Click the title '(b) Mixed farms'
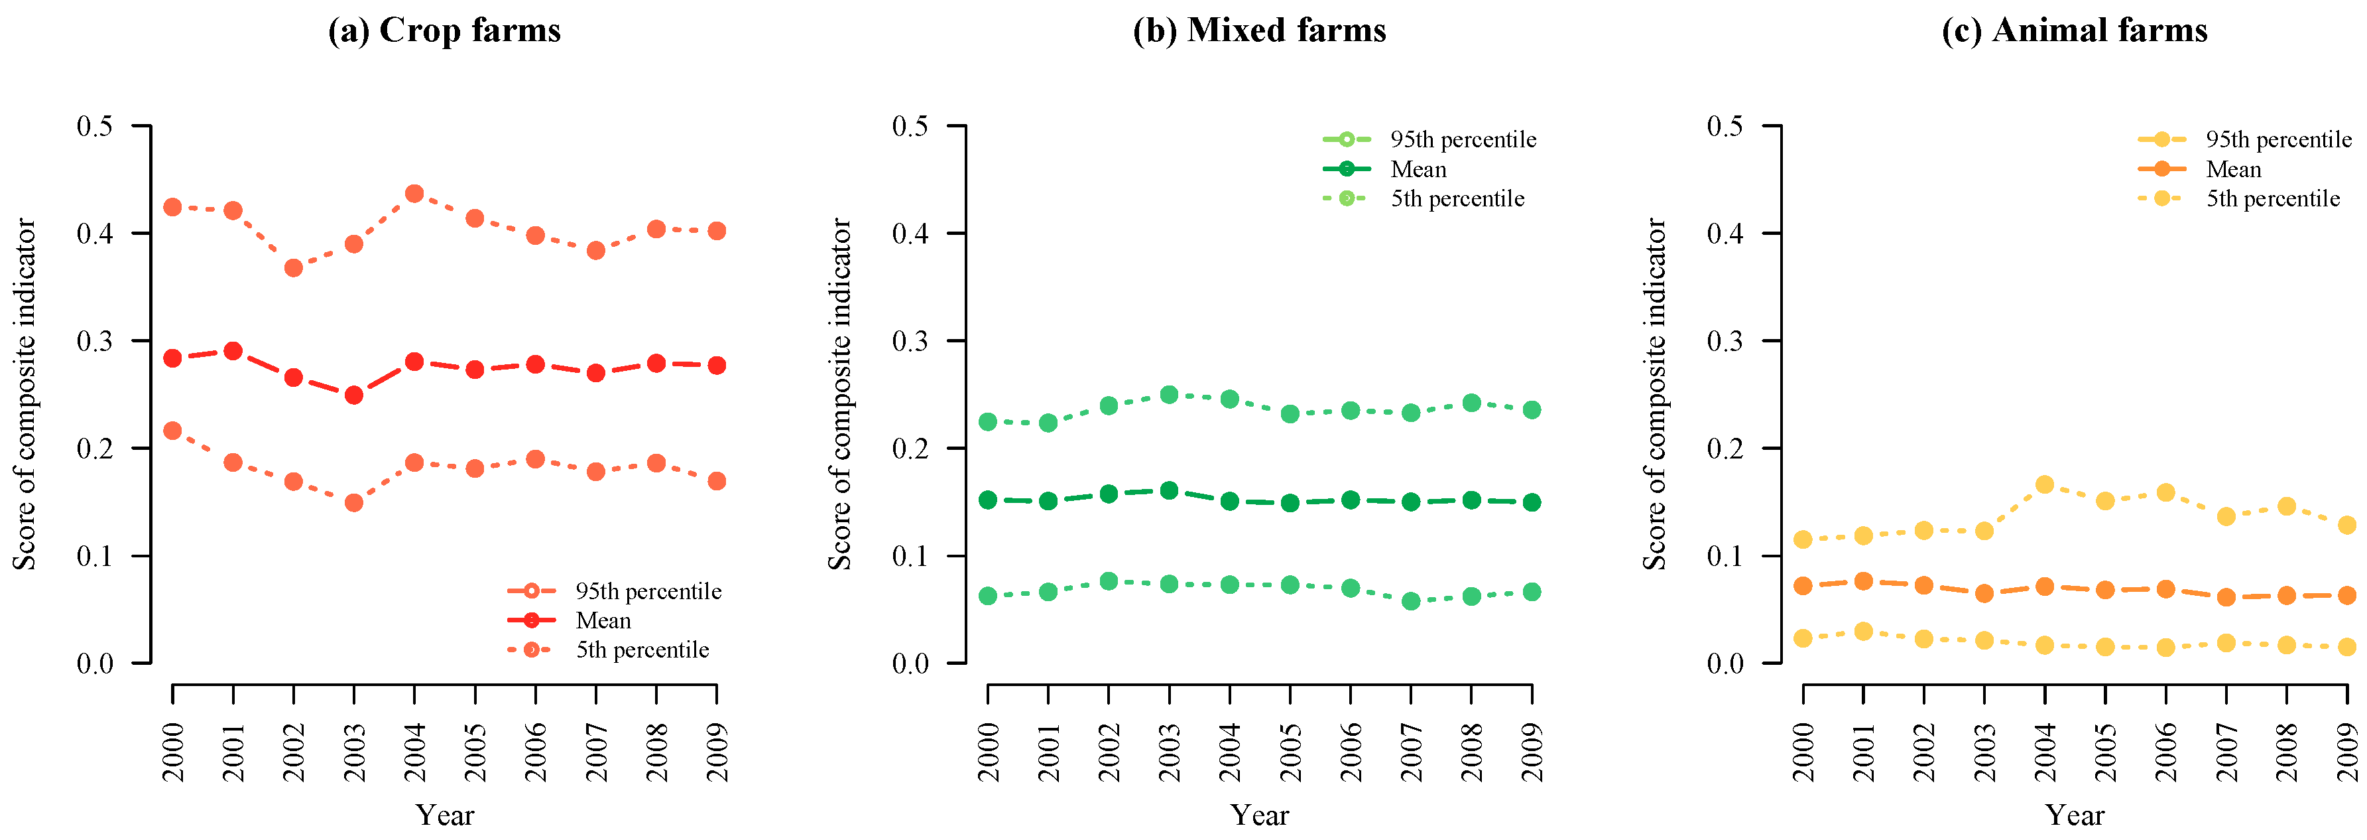click(x=1259, y=31)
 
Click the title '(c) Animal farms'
click(x=2074, y=31)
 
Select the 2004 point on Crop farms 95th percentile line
click(x=414, y=194)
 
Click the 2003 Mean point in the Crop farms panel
click(x=354, y=395)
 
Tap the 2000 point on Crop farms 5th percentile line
click(x=173, y=430)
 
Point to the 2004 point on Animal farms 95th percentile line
click(x=2045, y=484)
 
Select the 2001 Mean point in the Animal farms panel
click(x=1864, y=581)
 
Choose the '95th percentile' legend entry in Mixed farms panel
click(x=1463, y=140)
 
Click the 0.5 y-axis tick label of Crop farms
click(x=95, y=126)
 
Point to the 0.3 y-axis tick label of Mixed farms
click(x=910, y=341)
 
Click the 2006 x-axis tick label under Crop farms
click(x=536, y=752)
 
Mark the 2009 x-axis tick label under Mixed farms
click(x=1532, y=752)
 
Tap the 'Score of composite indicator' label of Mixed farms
click(x=840, y=393)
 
